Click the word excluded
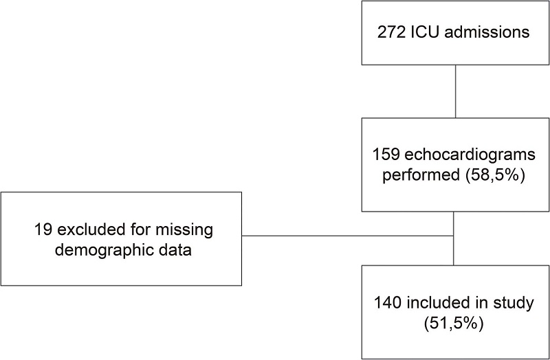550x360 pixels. pyautogui.click(x=81, y=227)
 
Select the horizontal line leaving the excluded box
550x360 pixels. pyautogui.click(x=344, y=236)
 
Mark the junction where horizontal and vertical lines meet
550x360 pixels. pyautogui.click(x=454, y=236)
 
